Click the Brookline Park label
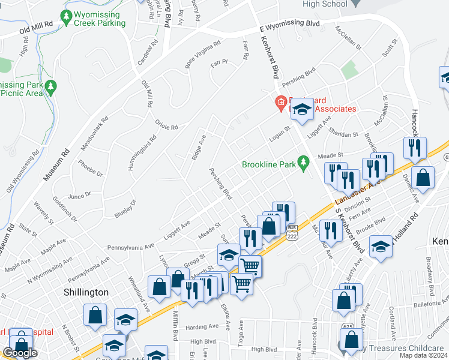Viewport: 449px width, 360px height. click(x=270, y=164)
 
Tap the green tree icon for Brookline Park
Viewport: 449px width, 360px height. click(x=303, y=161)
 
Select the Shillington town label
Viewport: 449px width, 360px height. click(x=86, y=292)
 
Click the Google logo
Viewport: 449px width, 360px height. click(x=19, y=353)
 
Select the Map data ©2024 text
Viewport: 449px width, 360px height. click(x=422, y=355)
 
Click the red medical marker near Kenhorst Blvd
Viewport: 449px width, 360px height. click(x=280, y=104)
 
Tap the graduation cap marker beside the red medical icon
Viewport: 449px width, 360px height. click(x=302, y=109)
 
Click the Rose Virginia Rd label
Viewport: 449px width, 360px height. click(x=202, y=55)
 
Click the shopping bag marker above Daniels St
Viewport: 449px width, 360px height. click(x=423, y=178)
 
